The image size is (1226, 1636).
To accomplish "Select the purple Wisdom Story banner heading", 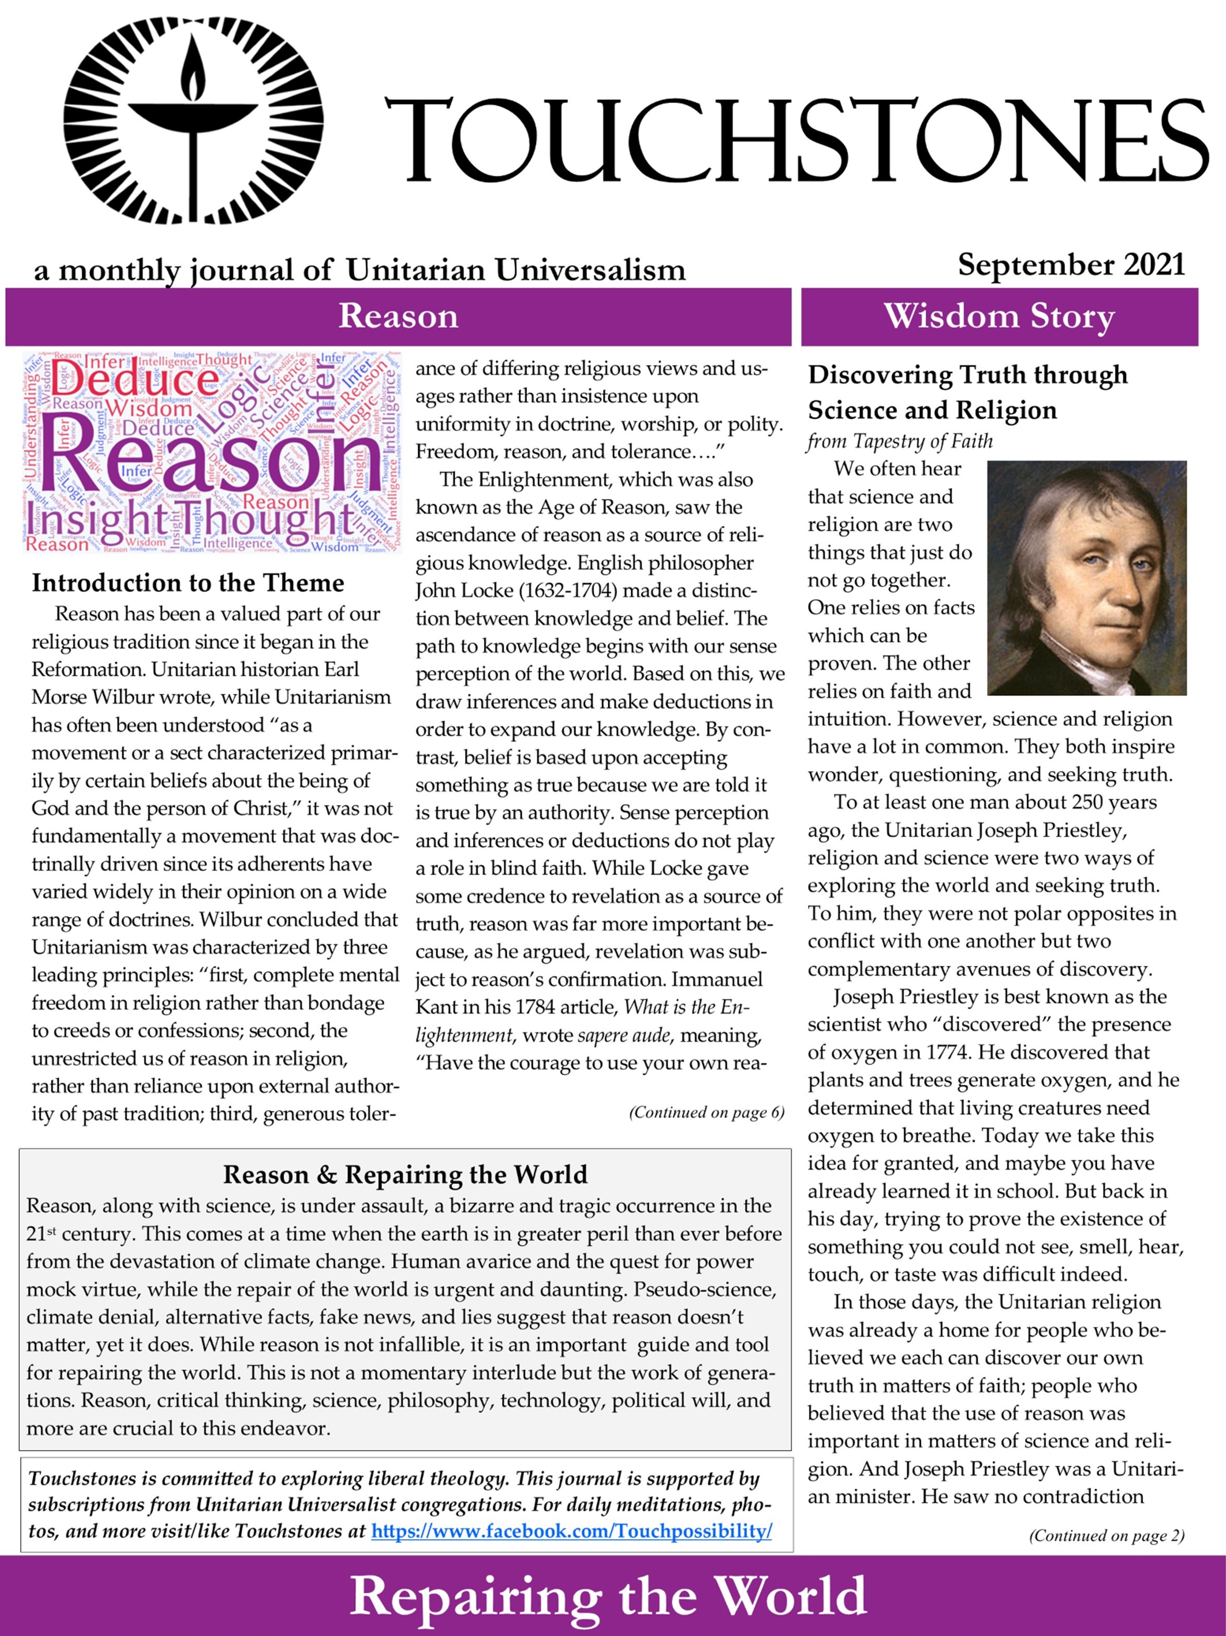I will click(x=999, y=317).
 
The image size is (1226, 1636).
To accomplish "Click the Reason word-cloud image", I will click(x=211, y=451).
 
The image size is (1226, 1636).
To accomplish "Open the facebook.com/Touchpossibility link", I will click(x=571, y=1531).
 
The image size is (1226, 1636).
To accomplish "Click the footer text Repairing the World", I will click(x=608, y=1597).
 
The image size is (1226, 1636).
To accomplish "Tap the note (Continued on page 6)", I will click(x=706, y=1112).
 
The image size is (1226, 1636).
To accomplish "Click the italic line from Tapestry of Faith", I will click(x=899, y=442).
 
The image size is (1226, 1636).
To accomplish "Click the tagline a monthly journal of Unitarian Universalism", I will click(x=359, y=270).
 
